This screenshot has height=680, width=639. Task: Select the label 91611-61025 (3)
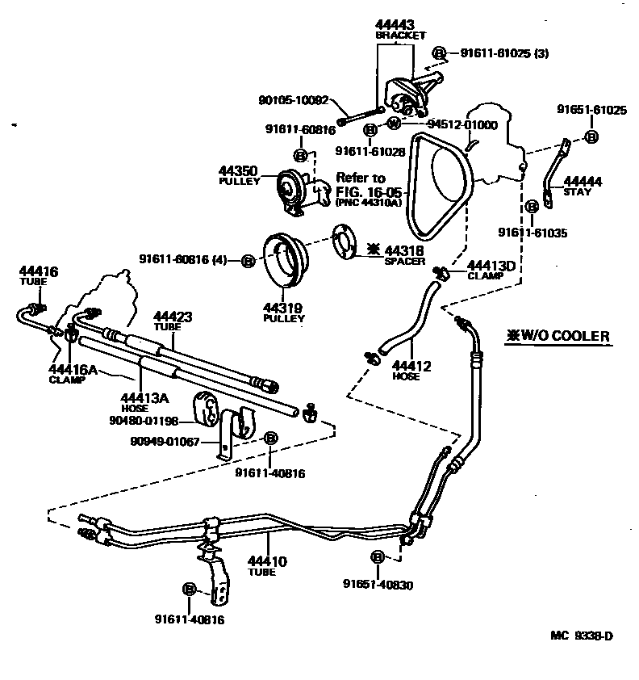pos(504,53)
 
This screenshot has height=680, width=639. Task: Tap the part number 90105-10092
pos(294,101)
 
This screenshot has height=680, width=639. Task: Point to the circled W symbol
pos(394,124)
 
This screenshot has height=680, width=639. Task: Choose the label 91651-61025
pos(591,110)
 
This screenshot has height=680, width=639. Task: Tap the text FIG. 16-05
pos(363,191)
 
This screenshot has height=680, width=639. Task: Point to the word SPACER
pos(404,262)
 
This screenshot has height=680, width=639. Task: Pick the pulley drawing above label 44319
pos(282,258)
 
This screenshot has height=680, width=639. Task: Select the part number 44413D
pos(491,265)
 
